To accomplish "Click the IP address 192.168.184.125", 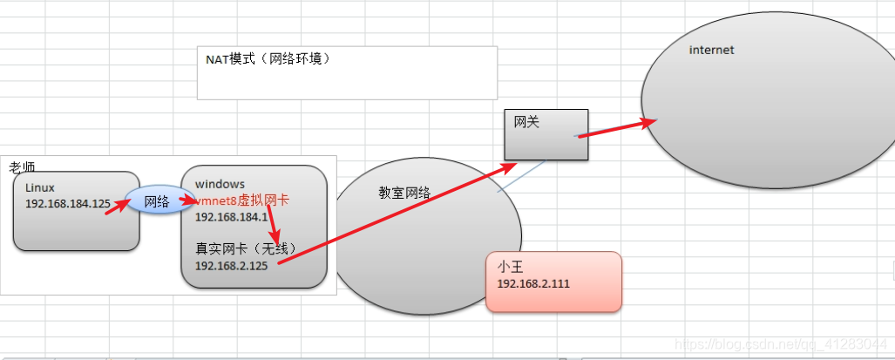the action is (x=68, y=204).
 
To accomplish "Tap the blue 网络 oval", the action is (x=156, y=201).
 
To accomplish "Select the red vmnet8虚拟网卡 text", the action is (x=242, y=200).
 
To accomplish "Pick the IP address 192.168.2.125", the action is (x=231, y=265).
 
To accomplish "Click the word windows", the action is (x=220, y=184).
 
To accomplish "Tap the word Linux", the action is (x=40, y=187).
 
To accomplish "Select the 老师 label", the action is (x=22, y=166).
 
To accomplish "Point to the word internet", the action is (x=711, y=50).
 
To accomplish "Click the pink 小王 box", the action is (x=554, y=282).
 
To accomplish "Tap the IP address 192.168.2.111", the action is (x=533, y=284).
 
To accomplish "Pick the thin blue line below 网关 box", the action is (x=521, y=177).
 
